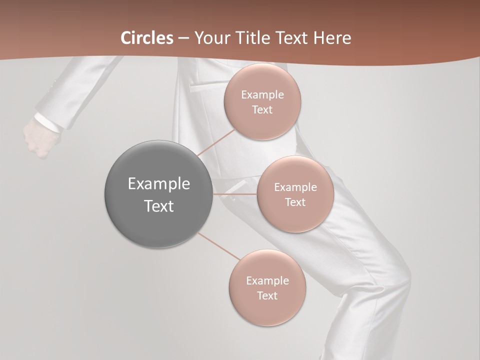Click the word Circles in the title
click(146, 38)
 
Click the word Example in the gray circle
click(158, 184)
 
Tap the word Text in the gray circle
click(158, 206)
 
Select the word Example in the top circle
click(262, 95)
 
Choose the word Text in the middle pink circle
click(295, 202)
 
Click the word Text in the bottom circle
click(267, 296)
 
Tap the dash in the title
click(183, 38)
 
